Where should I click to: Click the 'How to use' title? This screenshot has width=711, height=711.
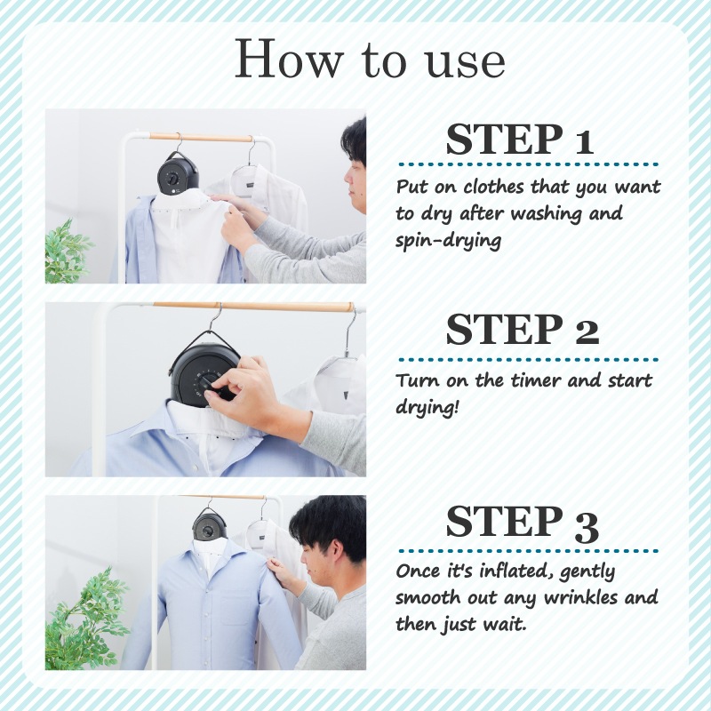370,59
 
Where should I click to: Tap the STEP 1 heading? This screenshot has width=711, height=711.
520,140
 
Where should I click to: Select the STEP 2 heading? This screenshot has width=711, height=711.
523,329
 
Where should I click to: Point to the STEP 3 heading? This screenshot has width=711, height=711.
523,523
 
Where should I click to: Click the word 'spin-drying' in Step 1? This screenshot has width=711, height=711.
449,241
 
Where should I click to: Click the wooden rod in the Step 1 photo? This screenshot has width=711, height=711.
201,137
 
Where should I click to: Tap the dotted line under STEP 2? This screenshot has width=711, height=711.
528,360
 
